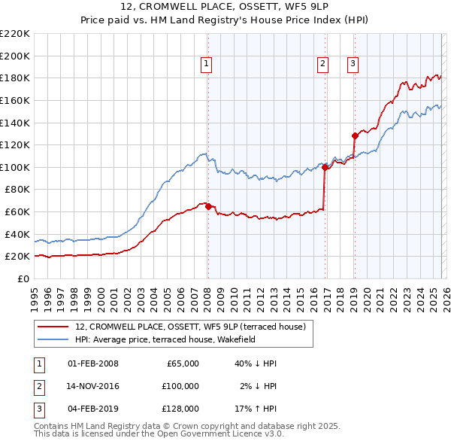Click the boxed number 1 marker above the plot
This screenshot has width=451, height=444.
(x=206, y=65)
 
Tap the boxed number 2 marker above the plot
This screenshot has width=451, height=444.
(x=322, y=65)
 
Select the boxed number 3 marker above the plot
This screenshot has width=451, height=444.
(x=353, y=65)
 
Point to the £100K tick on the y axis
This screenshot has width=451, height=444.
(x=15, y=167)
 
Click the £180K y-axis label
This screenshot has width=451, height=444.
(x=15, y=78)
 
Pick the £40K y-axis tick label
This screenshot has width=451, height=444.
(x=17, y=234)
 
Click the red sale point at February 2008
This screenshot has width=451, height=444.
(x=207, y=206)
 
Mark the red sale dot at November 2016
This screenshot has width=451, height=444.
(x=325, y=168)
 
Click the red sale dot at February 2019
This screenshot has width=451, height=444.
(x=354, y=136)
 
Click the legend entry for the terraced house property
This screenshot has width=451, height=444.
(x=190, y=327)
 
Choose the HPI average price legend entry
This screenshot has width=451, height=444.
(x=165, y=339)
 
